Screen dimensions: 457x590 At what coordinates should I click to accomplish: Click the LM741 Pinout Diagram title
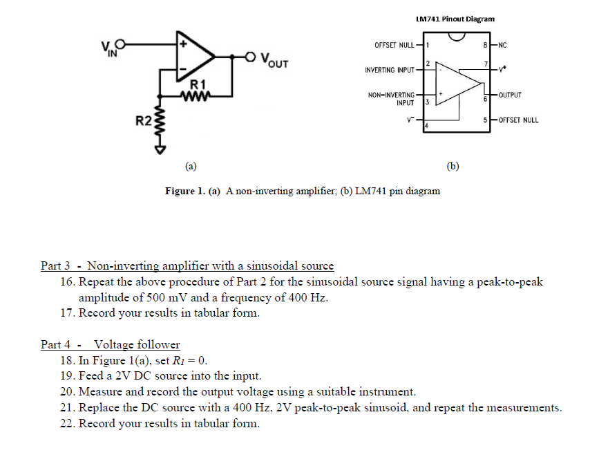point(455,19)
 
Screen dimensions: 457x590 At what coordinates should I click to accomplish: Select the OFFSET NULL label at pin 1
point(394,45)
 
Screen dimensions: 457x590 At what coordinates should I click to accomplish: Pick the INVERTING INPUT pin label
point(389,71)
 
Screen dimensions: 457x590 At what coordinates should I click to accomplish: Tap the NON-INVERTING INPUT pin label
point(391,99)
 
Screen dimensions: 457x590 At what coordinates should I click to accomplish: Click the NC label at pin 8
point(502,45)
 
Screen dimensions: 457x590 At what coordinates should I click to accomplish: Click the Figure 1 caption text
point(303,191)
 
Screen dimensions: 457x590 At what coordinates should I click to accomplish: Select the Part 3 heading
point(187,265)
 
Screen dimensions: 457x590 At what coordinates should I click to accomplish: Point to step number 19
point(68,376)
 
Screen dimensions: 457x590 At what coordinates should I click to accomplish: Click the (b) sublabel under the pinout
point(453,166)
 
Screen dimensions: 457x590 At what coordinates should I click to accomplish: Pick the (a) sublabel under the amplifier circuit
point(191,166)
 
